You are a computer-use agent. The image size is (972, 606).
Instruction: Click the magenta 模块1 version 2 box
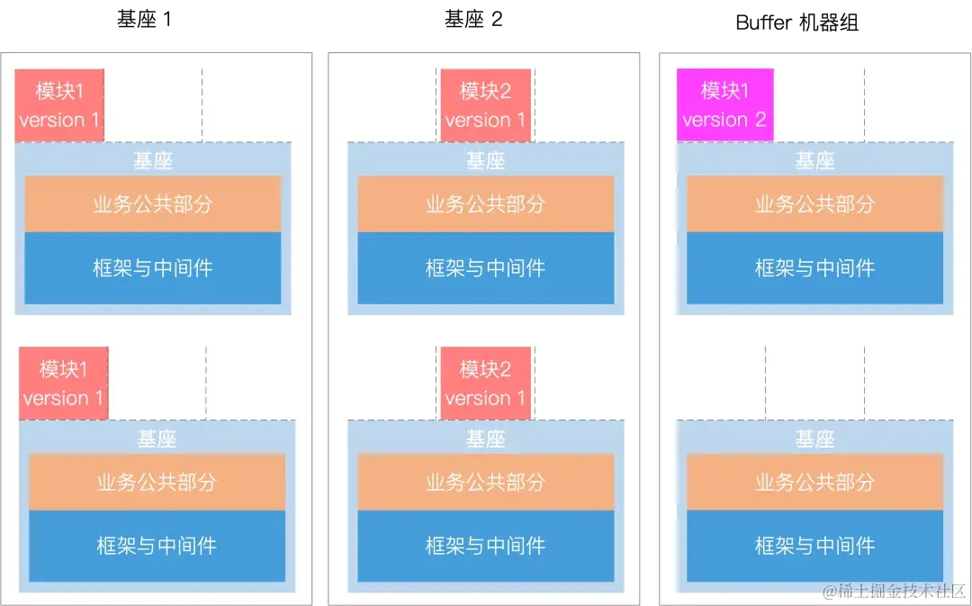(x=724, y=105)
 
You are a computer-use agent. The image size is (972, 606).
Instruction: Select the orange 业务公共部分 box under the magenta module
(x=814, y=204)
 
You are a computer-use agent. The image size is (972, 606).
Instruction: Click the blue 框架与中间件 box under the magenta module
(x=814, y=267)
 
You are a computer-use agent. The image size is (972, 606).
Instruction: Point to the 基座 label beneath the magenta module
(x=814, y=161)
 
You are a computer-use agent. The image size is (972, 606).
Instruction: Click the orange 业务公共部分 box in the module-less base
(x=814, y=483)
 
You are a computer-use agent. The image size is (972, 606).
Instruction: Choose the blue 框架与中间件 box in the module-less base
(x=814, y=546)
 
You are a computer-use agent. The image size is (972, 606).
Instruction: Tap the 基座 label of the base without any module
(x=814, y=439)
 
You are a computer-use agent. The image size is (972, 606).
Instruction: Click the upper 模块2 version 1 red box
(x=485, y=105)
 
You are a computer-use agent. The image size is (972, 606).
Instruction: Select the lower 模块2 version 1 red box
(x=485, y=384)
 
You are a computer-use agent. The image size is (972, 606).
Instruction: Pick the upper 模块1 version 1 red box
(x=59, y=105)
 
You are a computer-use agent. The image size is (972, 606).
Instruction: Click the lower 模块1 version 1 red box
(x=63, y=384)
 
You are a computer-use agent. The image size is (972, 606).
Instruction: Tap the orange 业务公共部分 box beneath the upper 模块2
(x=485, y=204)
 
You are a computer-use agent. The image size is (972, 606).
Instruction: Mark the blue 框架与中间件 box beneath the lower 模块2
(x=485, y=546)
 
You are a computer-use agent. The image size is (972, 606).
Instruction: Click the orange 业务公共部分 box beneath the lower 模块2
(x=485, y=483)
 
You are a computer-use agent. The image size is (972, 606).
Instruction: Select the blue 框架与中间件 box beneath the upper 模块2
(x=485, y=267)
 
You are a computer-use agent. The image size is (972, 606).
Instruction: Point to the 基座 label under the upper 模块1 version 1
(x=153, y=161)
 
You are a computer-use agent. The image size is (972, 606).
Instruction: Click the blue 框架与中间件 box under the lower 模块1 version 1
(x=157, y=546)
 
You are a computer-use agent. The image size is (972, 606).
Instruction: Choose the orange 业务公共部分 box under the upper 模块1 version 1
(x=153, y=204)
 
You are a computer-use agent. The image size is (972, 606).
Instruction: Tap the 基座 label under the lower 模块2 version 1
(x=485, y=439)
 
